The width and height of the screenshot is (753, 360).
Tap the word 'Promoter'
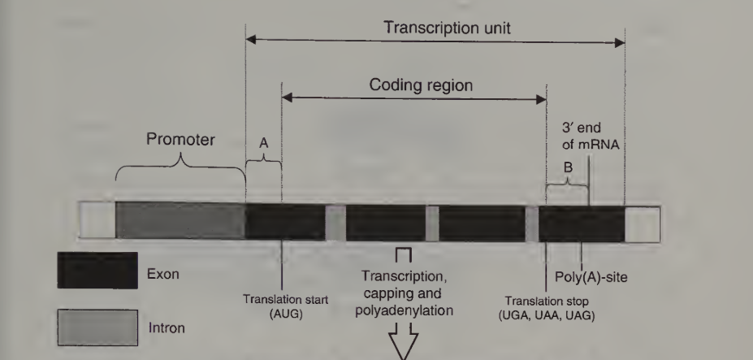click(x=180, y=138)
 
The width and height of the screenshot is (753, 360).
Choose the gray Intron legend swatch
click(x=97, y=327)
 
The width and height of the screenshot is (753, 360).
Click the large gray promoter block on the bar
click(x=180, y=221)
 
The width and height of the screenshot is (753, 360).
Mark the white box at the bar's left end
click(x=97, y=221)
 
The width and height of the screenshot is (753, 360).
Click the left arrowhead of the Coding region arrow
click(x=286, y=98)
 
